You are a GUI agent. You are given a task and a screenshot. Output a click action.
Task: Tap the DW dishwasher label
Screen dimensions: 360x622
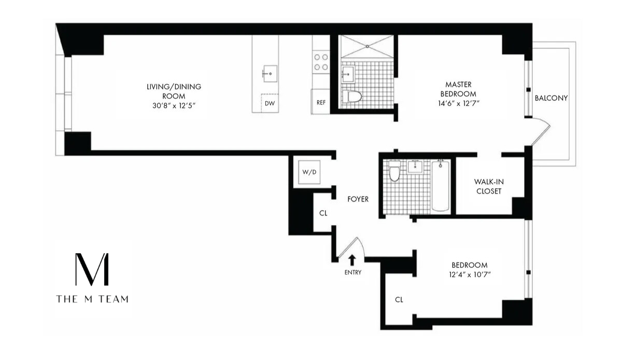[x=270, y=103]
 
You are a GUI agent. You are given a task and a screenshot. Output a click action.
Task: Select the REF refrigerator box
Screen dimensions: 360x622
[x=321, y=102]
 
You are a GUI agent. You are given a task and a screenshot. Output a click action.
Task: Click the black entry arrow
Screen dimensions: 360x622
[x=352, y=259]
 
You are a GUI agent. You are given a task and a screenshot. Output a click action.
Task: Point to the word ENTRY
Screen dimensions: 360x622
[x=352, y=272]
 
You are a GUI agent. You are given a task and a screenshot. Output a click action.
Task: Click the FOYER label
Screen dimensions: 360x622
[x=358, y=199]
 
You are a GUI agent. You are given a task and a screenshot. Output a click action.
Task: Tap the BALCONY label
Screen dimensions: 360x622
[x=552, y=98]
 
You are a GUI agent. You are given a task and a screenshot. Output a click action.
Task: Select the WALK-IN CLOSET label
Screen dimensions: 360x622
[x=488, y=186]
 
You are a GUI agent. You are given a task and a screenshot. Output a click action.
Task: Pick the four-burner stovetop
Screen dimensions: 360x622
[x=321, y=62]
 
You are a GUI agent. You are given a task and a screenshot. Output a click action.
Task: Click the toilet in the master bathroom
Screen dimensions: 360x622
[x=354, y=96]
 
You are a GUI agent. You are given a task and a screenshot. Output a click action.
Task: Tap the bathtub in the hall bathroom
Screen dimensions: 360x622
[x=440, y=185]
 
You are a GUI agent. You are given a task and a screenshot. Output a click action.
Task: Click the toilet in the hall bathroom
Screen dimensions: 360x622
[x=394, y=172]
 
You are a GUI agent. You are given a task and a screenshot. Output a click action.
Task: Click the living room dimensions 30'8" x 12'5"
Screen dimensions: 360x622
[x=173, y=105]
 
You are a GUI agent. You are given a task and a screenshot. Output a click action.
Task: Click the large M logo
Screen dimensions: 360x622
[x=92, y=270]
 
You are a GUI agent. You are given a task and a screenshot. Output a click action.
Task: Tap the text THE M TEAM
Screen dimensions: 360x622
[x=92, y=299]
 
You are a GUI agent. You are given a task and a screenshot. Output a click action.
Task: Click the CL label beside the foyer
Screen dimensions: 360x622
[x=323, y=213]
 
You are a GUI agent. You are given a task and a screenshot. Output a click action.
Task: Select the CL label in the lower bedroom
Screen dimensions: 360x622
[x=399, y=299]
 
